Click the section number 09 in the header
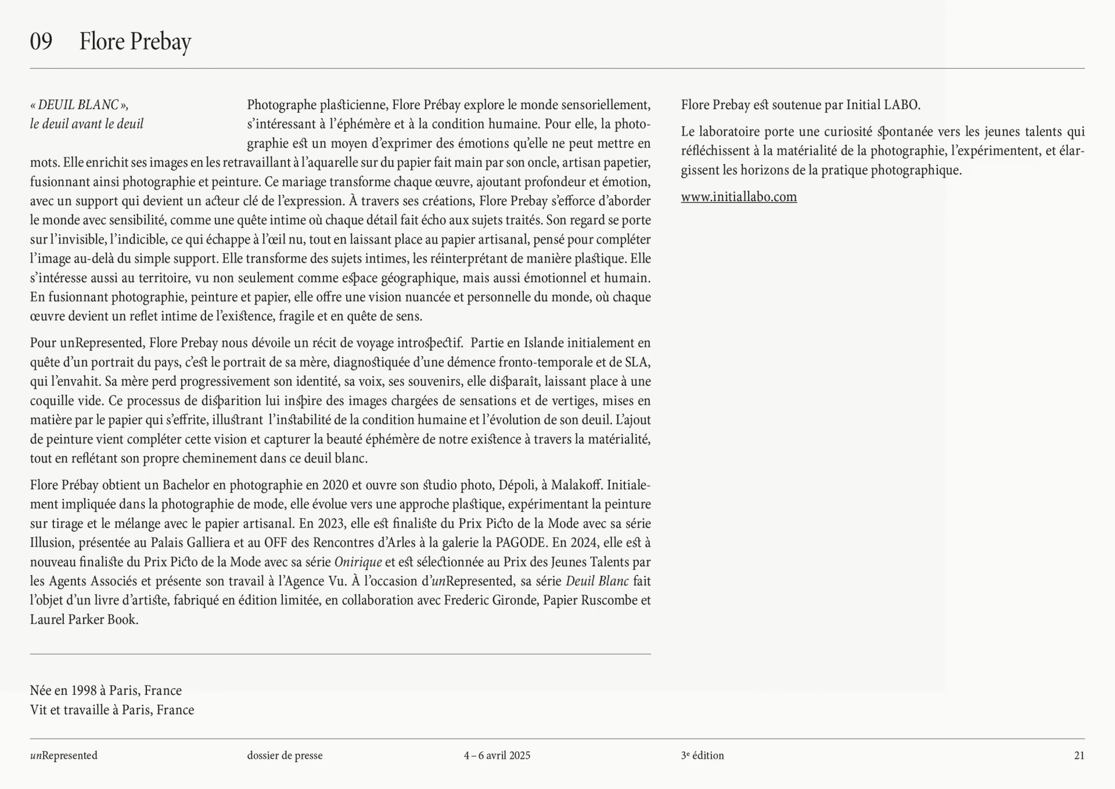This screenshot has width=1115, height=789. (x=41, y=41)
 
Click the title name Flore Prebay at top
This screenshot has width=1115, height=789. (x=135, y=41)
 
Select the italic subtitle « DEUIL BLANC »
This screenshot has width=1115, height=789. (x=79, y=105)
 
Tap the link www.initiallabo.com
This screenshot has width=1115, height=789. (x=739, y=197)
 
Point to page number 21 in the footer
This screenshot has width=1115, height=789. (x=1079, y=755)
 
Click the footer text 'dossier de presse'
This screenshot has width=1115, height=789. (x=285, y=755)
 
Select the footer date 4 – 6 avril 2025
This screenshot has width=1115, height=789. (x=497, y=755)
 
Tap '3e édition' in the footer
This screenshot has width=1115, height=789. (x=702, y=755)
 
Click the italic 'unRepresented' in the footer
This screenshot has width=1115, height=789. (x=64, y=755)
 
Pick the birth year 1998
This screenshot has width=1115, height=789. (x=84, y=690)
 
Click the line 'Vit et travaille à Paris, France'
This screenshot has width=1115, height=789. (x=112, y=709)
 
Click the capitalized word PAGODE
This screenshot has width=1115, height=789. (x=521, y=543)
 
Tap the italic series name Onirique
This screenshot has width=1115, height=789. (x=358, y=562)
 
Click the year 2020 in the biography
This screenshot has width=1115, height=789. (x=335, y=485)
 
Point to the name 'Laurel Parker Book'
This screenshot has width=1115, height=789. (x=84, y=619)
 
